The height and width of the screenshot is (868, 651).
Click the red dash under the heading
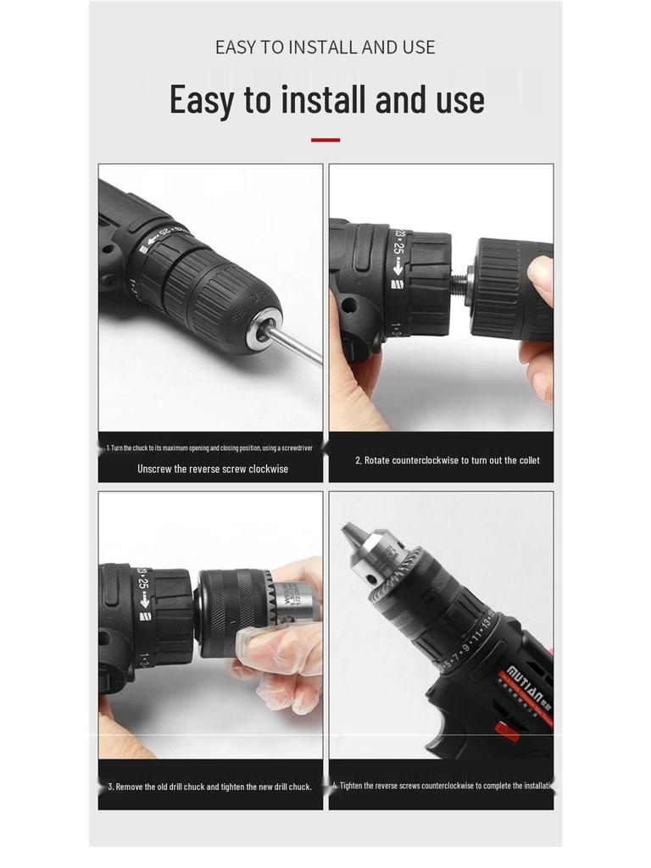pyautogui.click(x=325, y=140)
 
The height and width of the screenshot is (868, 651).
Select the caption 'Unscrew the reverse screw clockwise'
pyautogui.click(x=212, y=469)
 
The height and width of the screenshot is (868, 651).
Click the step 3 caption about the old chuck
pyautogui.click(x=209, y=787)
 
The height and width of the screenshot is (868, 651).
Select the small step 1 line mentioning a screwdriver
pyautogui.click(x=209, y=448)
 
